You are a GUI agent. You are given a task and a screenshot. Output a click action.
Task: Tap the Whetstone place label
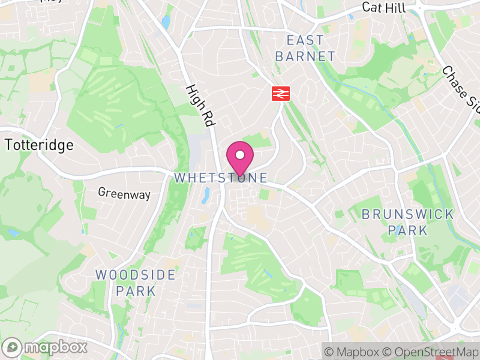[220, 178]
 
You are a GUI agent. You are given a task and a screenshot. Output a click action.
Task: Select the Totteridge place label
[40, 145]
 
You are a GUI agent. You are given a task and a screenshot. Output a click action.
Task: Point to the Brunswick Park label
[407, 222]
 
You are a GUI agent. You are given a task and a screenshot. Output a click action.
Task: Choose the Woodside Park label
[136, 283]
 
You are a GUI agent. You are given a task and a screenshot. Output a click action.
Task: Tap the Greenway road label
[124, 193]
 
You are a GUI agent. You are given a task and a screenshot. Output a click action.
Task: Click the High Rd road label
[200, 105]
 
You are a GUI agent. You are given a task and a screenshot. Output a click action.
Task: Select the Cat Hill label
[384, 8]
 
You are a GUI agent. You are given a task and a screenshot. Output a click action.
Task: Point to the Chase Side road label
[461, 88]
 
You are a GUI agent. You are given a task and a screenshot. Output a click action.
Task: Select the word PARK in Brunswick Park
[407, 230]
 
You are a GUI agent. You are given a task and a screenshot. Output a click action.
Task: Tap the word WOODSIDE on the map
[136, 275]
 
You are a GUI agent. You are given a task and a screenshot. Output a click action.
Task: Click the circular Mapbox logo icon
[12, 347]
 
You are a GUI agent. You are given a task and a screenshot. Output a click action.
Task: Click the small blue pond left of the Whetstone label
[206, 193]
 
